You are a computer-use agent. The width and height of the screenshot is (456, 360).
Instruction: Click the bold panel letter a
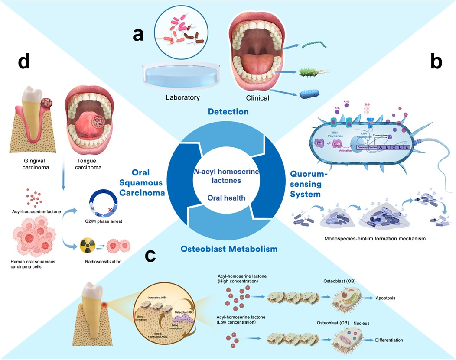click(138, 34)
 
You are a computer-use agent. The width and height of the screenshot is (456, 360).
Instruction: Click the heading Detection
click(228, 112)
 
